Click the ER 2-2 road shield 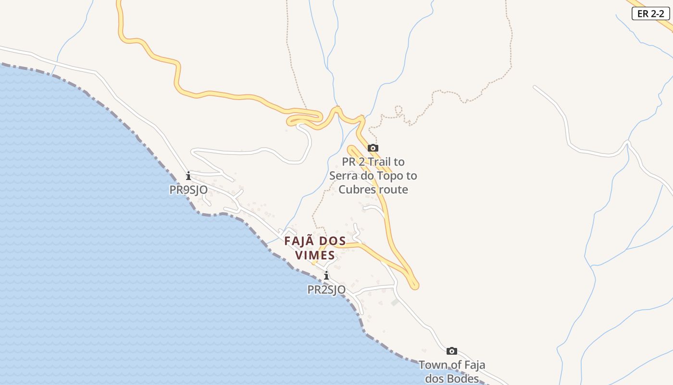coord(650,14)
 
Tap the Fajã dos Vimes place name coord(315,248)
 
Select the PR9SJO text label coord(188,190)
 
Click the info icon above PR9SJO coord(188,176)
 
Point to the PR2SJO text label coord(326,290)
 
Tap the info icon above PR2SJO coord(326,276)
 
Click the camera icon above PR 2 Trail coord(373,148)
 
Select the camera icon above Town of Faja coord(452,351)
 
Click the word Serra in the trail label coord(344,176)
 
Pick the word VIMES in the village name coord(315,255)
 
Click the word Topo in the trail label coord(389,176)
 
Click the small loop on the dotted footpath coord(398,110)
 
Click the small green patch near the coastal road coord(395,302)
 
